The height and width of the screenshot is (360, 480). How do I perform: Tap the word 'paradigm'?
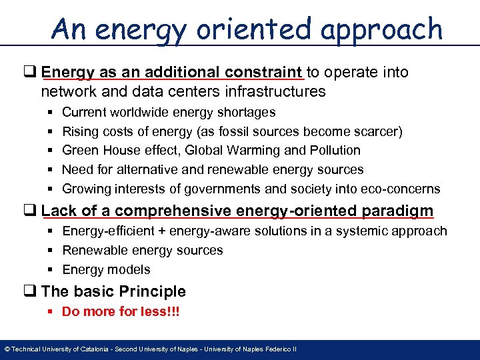click(x=397, y=211)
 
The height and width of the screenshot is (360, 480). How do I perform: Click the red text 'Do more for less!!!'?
click(x=121, y=311)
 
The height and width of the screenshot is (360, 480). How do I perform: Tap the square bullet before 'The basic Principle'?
click(x=33, y=291)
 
